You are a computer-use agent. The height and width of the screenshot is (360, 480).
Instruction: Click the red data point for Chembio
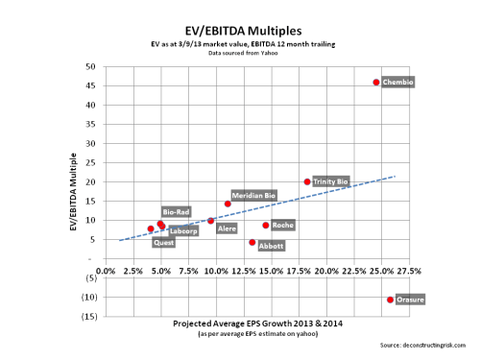[x=376, y=83]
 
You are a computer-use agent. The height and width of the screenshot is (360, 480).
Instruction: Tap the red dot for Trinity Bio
[x=307, y=181]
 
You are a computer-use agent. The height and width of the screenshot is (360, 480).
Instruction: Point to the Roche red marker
[x=266, y=226]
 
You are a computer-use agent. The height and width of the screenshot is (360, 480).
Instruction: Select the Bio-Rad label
[x=176, y=211]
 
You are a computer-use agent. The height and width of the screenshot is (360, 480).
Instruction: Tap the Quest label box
[x=164, y=243]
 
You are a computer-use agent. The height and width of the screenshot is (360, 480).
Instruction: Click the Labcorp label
[x=183, y=230]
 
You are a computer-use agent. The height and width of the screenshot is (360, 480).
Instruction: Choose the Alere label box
[x=228, y=229]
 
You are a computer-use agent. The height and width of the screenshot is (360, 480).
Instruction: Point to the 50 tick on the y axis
[x=91, y=66]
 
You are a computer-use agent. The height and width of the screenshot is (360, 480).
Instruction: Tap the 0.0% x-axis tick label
[x=107, y=272]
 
